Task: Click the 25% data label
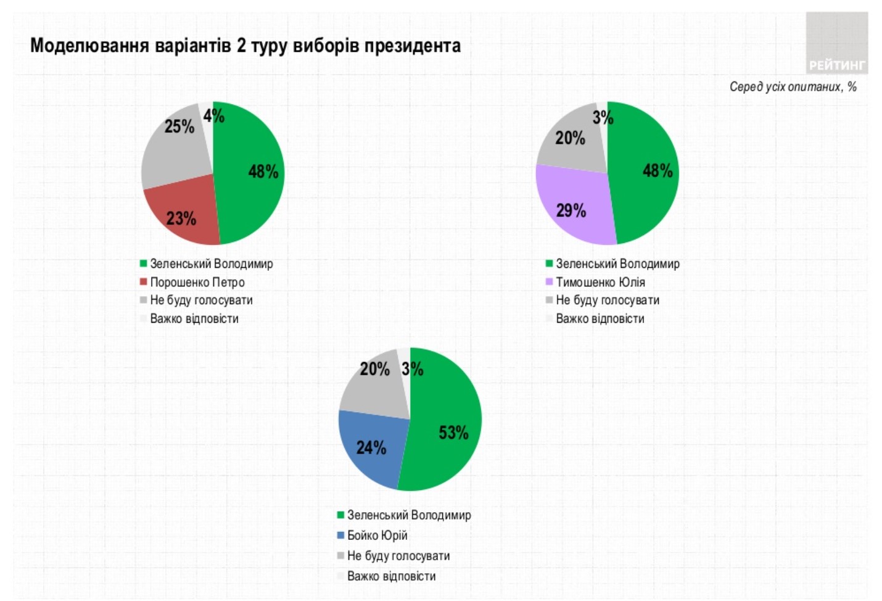click(x=179, y=127)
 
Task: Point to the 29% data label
click(x=571, y=211)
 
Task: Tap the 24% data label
click(x=371, y=447)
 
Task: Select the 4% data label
click(x=214, y=115)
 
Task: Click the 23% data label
click(x=181, y=218)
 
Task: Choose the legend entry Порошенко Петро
click(x=197, y=282)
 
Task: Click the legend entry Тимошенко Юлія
click(x=600, y=282)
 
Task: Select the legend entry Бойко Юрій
click(x=377, y=535)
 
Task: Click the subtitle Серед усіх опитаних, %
click(x=793, y=87)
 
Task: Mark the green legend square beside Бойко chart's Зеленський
click(x=340, y=515)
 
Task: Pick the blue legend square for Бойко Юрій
click(x=340, y=536)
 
